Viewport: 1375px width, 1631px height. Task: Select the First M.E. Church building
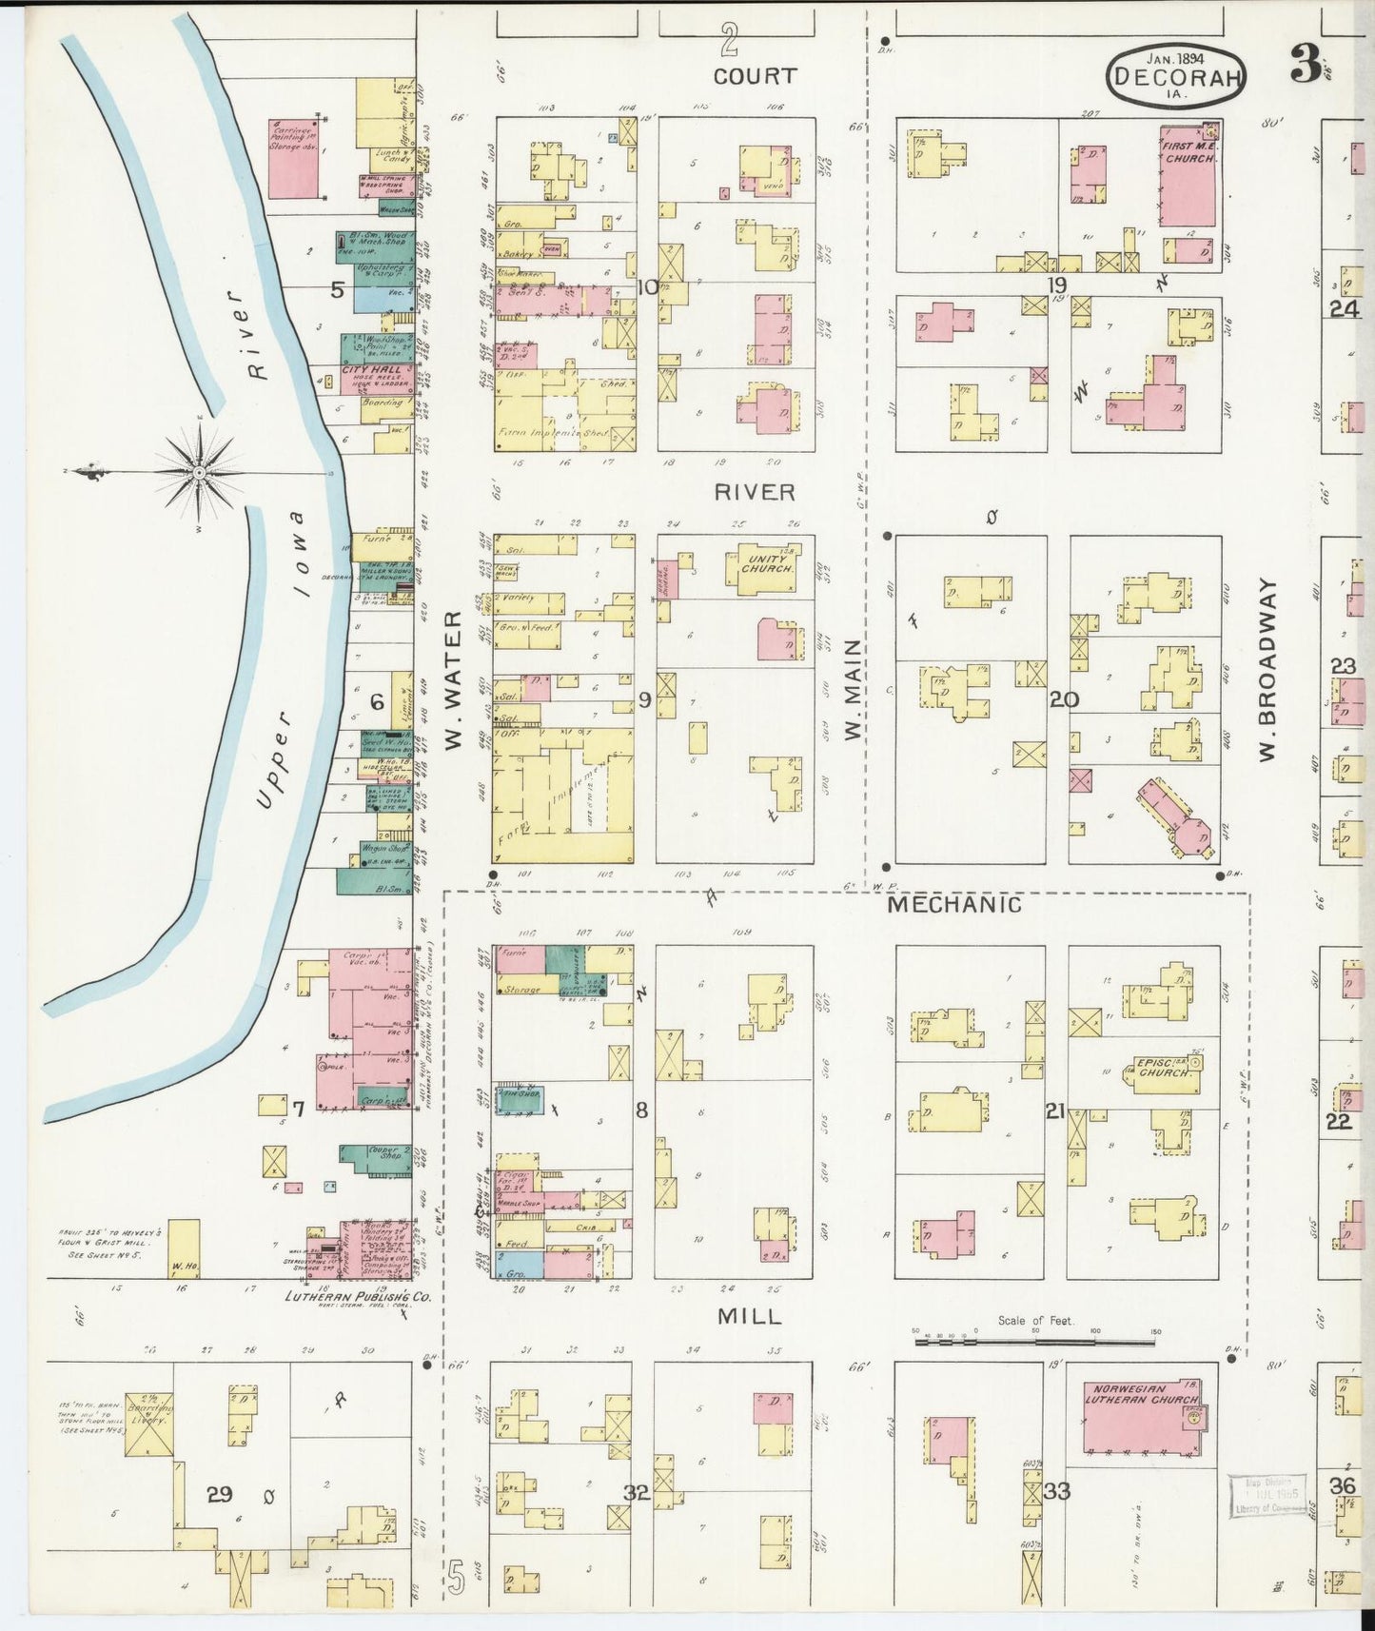pos(1188,177)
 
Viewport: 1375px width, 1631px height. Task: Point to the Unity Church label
pos(767,563)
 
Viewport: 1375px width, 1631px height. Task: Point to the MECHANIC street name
pos(953,904)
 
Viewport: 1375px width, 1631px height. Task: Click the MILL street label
pos(749,1316)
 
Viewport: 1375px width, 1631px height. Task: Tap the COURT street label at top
pos(755,76)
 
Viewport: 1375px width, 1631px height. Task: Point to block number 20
pos(1063,699)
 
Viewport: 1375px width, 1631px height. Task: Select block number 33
pos(1056,1491)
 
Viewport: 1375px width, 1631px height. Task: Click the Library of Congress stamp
pos(1267,1494)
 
